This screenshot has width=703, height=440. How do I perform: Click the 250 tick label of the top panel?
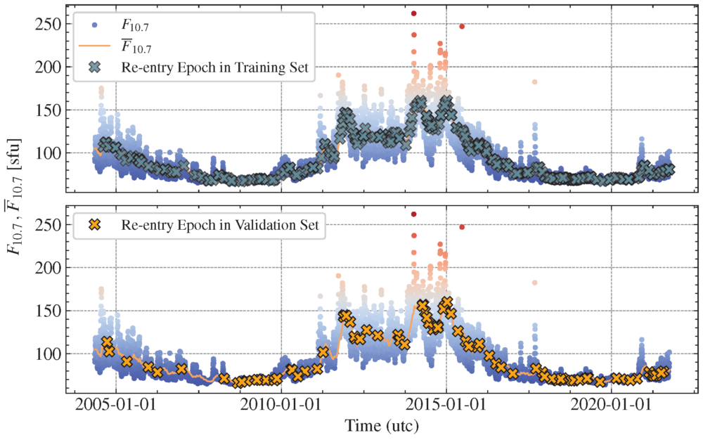click(49, 24)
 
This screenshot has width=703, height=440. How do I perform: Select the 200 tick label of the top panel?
click(49, 67)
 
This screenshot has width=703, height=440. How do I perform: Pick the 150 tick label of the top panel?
click(49, 110)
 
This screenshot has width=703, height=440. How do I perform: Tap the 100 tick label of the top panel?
click(49, 153)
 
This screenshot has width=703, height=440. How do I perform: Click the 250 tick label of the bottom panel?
click(49, 225)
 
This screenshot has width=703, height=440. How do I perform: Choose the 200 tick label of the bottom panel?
click(49, 268)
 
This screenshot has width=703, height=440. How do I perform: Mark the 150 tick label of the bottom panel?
click(49, 311)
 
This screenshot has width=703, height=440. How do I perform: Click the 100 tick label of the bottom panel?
click(49, 354)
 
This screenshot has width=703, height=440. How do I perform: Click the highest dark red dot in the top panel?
click(414, 13)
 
